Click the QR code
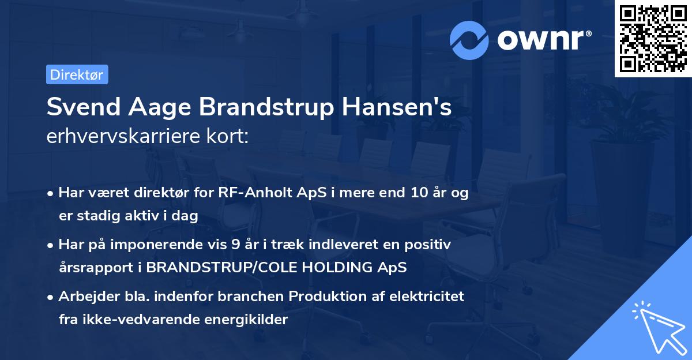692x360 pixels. pyautogui.click(x=653, y=39)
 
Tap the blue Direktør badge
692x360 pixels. pyautogui.click(x=77, y=74)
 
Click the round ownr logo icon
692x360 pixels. pyautogui.click(x=469, y=40)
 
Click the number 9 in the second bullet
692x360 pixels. pyautogui.click(x=235, y=245)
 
